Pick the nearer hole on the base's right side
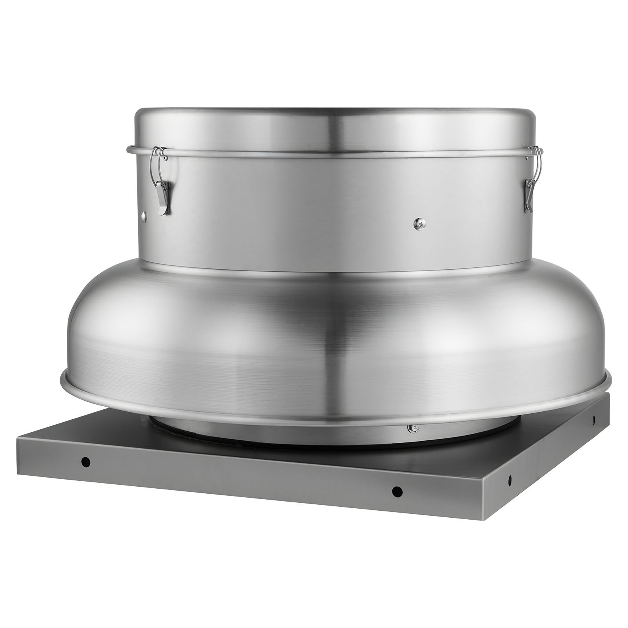pos(510,479)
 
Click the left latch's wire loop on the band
pos(159,153)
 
